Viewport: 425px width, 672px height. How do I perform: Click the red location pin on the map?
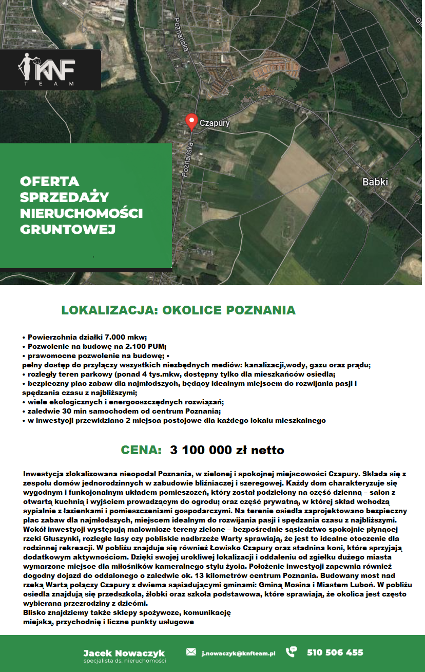191,121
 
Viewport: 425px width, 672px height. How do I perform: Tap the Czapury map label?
214,123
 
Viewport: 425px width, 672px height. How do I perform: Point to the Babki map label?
375,182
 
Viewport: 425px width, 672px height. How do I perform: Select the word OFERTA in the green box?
49,181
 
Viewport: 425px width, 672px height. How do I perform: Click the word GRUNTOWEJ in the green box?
67,229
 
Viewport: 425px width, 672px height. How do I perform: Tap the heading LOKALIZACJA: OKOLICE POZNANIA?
178,310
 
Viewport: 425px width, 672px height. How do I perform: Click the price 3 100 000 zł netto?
227,450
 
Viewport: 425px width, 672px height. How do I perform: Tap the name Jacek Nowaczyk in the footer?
124,653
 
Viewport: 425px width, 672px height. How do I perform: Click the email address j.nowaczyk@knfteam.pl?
238,653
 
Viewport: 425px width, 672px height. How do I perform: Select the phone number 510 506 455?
335,652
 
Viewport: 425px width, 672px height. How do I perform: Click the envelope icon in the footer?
191,652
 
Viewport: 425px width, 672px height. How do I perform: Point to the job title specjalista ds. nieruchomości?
124,661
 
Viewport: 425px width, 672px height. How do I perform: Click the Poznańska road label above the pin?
180,36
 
